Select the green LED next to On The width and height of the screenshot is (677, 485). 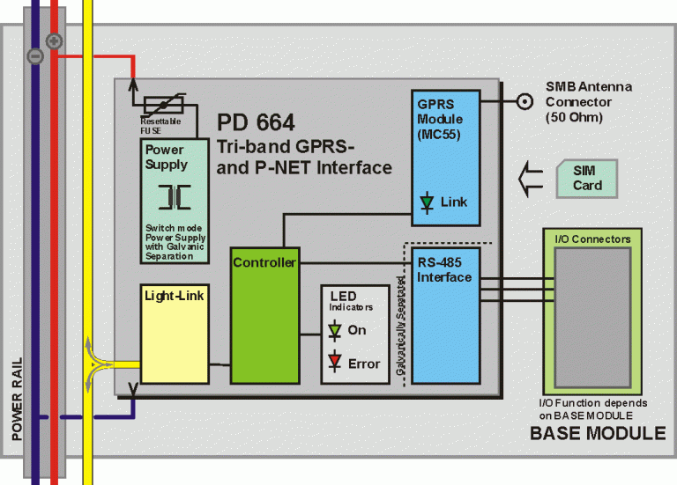(x=334, y=331)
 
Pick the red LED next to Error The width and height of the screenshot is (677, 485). (x=334, y=363)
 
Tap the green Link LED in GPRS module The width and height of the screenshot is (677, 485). (x=427, y=202)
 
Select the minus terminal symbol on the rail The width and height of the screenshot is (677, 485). (x=35, y=55)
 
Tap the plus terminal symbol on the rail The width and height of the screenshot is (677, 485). (x=54, y=40)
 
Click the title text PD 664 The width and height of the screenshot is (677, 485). (x=257, y=121)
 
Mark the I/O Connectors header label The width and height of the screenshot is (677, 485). (x=591, y=239)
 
